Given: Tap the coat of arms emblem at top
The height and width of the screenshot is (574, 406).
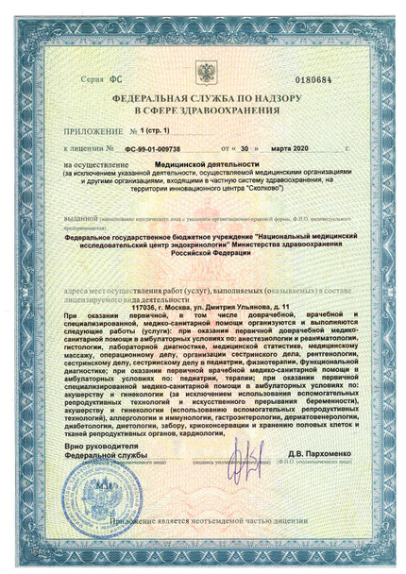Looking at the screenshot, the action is (x=206, y=73).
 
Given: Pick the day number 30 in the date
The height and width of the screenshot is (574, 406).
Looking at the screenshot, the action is (x=245, y=148).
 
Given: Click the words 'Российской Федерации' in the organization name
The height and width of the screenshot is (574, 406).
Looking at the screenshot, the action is (x=205, y=254).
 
